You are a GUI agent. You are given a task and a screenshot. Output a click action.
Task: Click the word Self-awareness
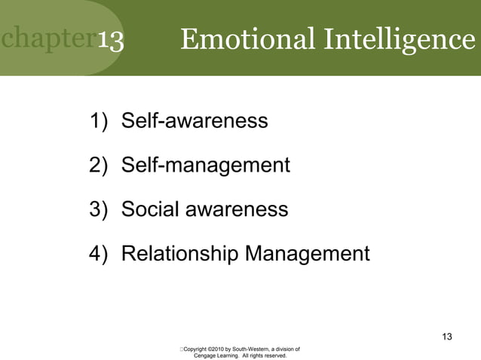195,121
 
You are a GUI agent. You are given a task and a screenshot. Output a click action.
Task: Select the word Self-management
205,165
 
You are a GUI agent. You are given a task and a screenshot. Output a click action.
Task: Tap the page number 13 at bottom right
447,336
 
